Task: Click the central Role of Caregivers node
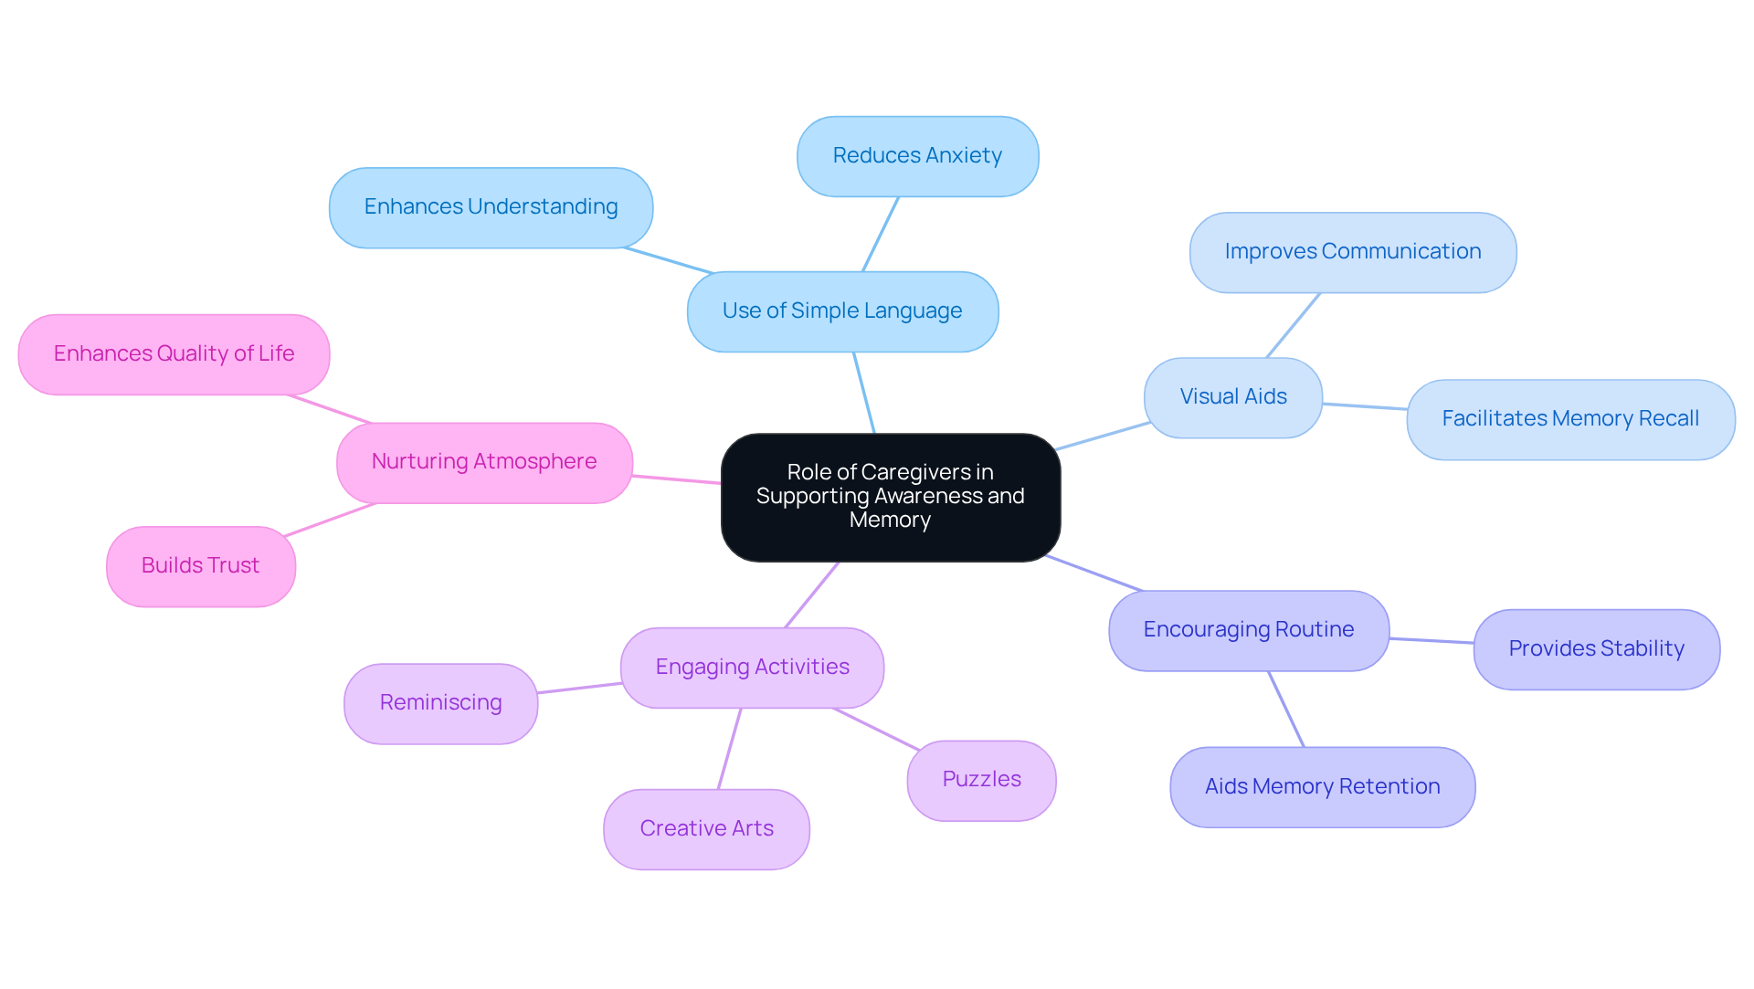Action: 890,497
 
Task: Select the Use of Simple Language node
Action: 842,311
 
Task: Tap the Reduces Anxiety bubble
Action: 917,156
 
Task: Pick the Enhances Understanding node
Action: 491,207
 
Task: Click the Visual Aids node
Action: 1232,397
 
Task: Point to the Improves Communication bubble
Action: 1352,252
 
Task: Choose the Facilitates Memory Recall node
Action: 1569,419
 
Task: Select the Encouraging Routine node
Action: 1248,630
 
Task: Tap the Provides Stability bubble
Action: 1596,649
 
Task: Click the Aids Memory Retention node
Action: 1322,787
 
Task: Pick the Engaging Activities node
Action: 752,668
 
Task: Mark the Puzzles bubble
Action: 981,780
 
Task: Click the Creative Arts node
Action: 706,829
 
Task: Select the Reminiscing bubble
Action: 440,703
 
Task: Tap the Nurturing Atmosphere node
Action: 484,462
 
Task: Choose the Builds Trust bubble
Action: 200,566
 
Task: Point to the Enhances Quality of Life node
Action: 174,354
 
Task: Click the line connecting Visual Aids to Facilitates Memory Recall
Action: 1365,406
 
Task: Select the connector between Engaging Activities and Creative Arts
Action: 729,749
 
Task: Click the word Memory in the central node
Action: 890,521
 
